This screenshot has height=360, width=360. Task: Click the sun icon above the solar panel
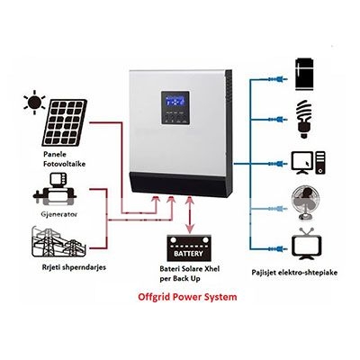point(34,103)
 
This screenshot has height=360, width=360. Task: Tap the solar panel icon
point(65,122)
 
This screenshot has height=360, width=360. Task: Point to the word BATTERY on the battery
point(188,254)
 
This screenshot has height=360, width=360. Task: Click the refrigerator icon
point(304,75)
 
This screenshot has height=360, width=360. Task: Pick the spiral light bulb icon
point(304,120)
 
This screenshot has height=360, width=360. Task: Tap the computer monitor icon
point(302,163)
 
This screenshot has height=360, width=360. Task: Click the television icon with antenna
point(307,245)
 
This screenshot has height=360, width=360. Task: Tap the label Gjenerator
point(59,214)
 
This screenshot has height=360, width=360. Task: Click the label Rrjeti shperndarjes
point(74,267)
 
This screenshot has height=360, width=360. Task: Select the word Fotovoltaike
point(64,164)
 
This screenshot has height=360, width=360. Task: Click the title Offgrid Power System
point(187,297)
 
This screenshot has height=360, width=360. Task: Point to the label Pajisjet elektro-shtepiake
point(294,273)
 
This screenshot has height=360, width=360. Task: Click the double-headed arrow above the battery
point(189,214)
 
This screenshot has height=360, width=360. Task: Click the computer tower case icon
point(320,163)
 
